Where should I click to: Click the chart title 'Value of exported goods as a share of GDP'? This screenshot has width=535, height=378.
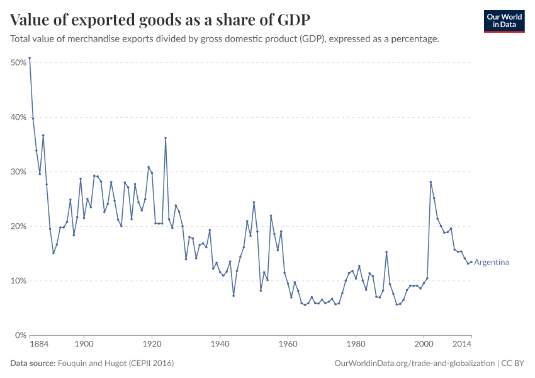(x=160, y=20)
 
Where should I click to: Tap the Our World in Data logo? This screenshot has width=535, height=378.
(x=504, y=21)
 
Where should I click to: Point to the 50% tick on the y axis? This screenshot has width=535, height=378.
(x=18, y=63)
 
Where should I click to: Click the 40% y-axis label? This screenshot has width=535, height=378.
(x=18, y=117)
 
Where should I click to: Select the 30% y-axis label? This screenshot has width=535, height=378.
(x=18, y=172)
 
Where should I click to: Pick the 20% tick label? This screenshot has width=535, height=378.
(x=18, y=226)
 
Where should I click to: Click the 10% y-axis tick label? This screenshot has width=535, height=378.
(x=18, y=281)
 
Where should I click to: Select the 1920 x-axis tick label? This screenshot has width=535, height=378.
(x=152, y=345)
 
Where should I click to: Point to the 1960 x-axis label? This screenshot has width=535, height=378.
(x=288, y=345)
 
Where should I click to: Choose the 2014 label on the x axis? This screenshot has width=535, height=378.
(x=461, y=345)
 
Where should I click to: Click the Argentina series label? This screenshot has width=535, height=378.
(x=491, y=262)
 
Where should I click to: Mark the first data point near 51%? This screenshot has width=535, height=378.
(x=30, y=58)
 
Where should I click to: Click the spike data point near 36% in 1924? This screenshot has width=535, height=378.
(x=166, y=138)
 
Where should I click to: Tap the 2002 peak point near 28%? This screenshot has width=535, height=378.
(x=431, y=182)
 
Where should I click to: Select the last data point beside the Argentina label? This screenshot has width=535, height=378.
(x=471, y=262)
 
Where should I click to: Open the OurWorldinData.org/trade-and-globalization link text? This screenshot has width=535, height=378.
(x=415, y=364)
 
